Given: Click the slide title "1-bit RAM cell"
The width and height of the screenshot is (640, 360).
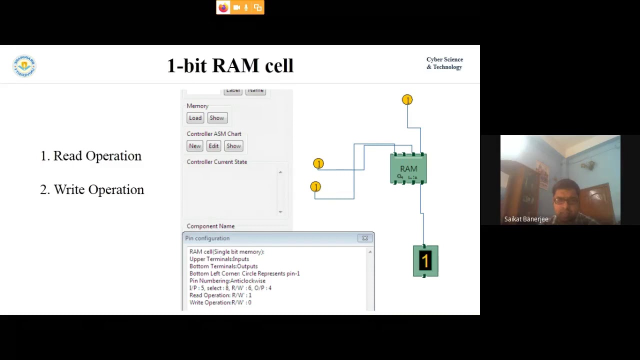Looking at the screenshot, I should click(x=230, y=65).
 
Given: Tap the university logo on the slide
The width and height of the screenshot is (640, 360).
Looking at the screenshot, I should click(x=24, y=66).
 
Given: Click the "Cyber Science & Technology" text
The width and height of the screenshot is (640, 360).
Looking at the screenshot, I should click(x=444, y=63).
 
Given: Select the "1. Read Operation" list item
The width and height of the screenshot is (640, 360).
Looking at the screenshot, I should click(x=91, y=156).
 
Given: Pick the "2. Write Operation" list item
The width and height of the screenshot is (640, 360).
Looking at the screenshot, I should click(x=92, y=190).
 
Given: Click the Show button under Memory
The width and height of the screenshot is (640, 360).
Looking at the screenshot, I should click(x=216, y=118).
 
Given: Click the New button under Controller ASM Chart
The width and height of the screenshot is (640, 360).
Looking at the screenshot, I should click(x=194, y=146).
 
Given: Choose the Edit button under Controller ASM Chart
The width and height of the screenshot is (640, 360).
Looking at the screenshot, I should click(x=213, y=146).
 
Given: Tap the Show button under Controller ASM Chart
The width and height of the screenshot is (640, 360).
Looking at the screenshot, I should click(x=233, y=146).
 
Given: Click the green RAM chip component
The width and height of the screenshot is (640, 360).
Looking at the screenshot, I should click(x=408, y=169).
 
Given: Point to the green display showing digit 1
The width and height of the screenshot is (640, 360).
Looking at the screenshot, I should click(x=425, y=261).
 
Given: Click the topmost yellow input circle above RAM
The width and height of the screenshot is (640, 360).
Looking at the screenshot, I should click(x=407, y=100).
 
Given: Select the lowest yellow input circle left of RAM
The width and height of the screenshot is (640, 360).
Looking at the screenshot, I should click(x=315, y=186).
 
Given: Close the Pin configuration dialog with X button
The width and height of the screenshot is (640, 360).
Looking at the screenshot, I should click(x=365, y=238).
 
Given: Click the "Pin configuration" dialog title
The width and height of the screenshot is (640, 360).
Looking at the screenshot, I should click(x=207, y=238).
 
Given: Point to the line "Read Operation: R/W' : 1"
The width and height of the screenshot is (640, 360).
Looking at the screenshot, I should click(x=220, y=295).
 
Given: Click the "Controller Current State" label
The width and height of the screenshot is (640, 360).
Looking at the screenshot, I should click(x=216, y=162).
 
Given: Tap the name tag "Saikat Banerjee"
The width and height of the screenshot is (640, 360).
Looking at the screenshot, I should click(x=526, y=219).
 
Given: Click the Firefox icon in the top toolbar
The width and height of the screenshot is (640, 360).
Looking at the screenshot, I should click(x=223, y=7).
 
